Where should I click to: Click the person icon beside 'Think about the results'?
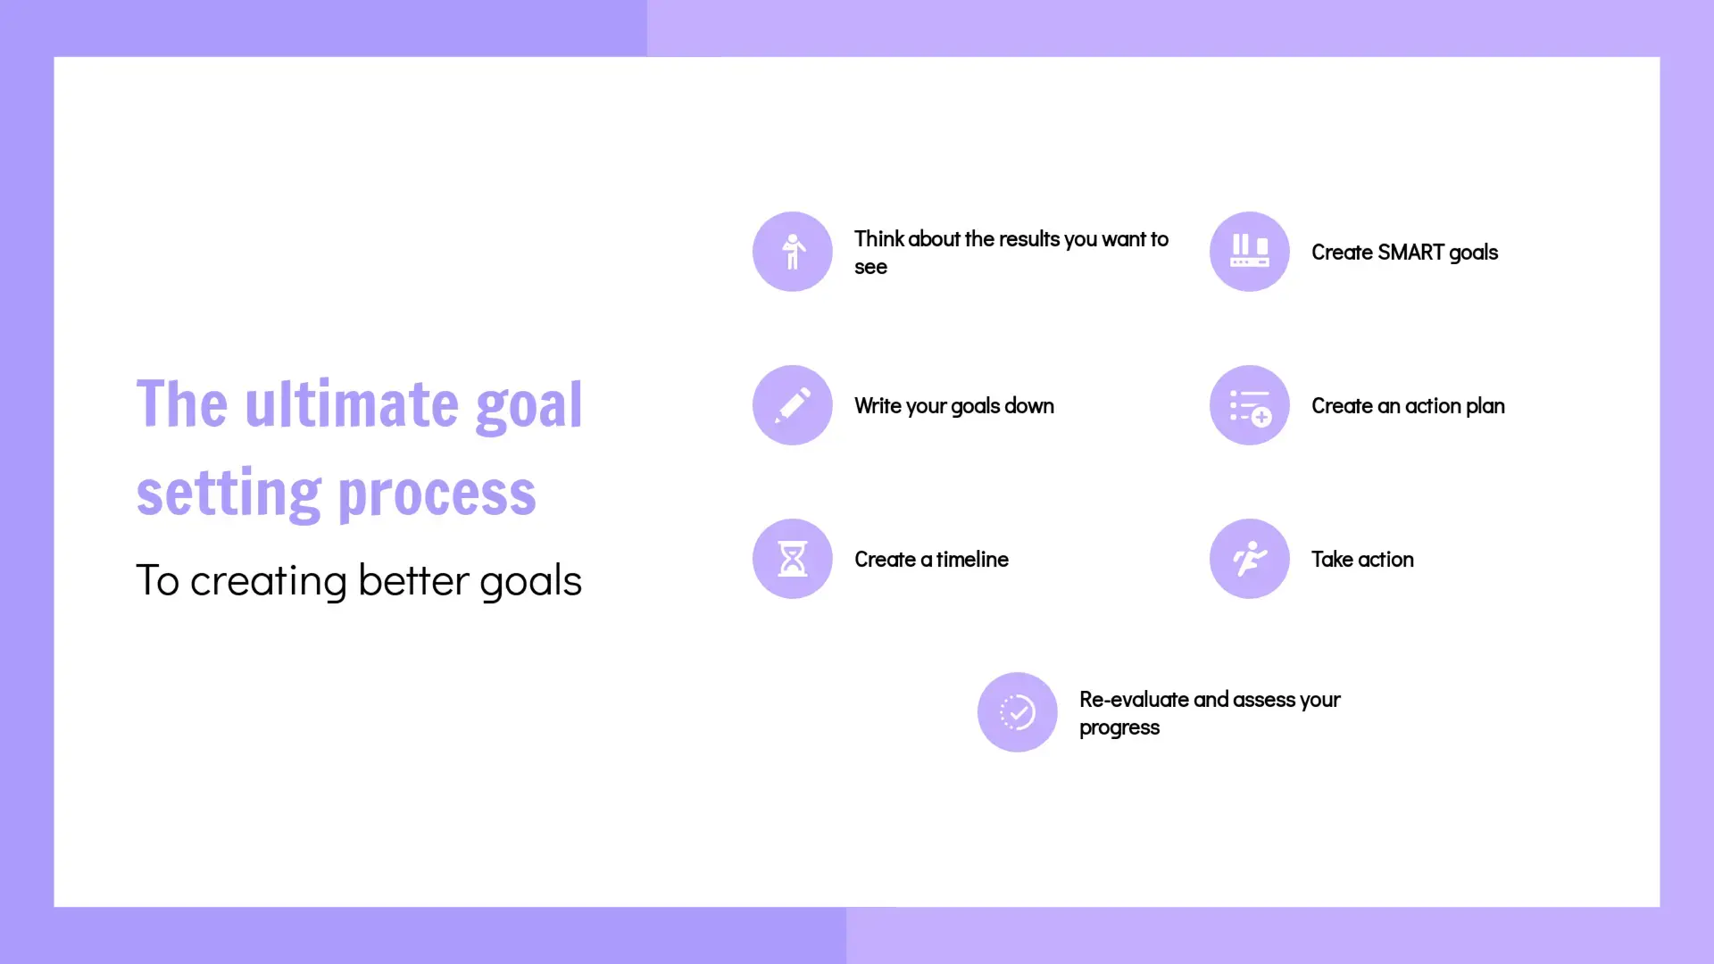click(793, 252)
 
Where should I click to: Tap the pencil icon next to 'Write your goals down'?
click(793, 405)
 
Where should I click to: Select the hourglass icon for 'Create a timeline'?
click(793, 559)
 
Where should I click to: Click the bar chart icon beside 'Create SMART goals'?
click(1250, 252)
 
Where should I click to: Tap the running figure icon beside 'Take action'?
click(1250, 559)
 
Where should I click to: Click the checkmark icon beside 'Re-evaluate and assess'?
click(1018, 712)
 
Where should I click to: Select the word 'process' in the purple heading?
click(437, 494)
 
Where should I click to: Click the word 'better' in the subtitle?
click(413, 580)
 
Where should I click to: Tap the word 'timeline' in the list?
click(972, 560)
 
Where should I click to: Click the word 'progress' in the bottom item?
click(1119, 728)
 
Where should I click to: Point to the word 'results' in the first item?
click(1029, 239)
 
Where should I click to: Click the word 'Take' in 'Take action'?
click(1332, 560)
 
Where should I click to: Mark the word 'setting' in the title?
click(229, 494)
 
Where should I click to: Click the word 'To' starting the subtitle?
click(158, 580)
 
